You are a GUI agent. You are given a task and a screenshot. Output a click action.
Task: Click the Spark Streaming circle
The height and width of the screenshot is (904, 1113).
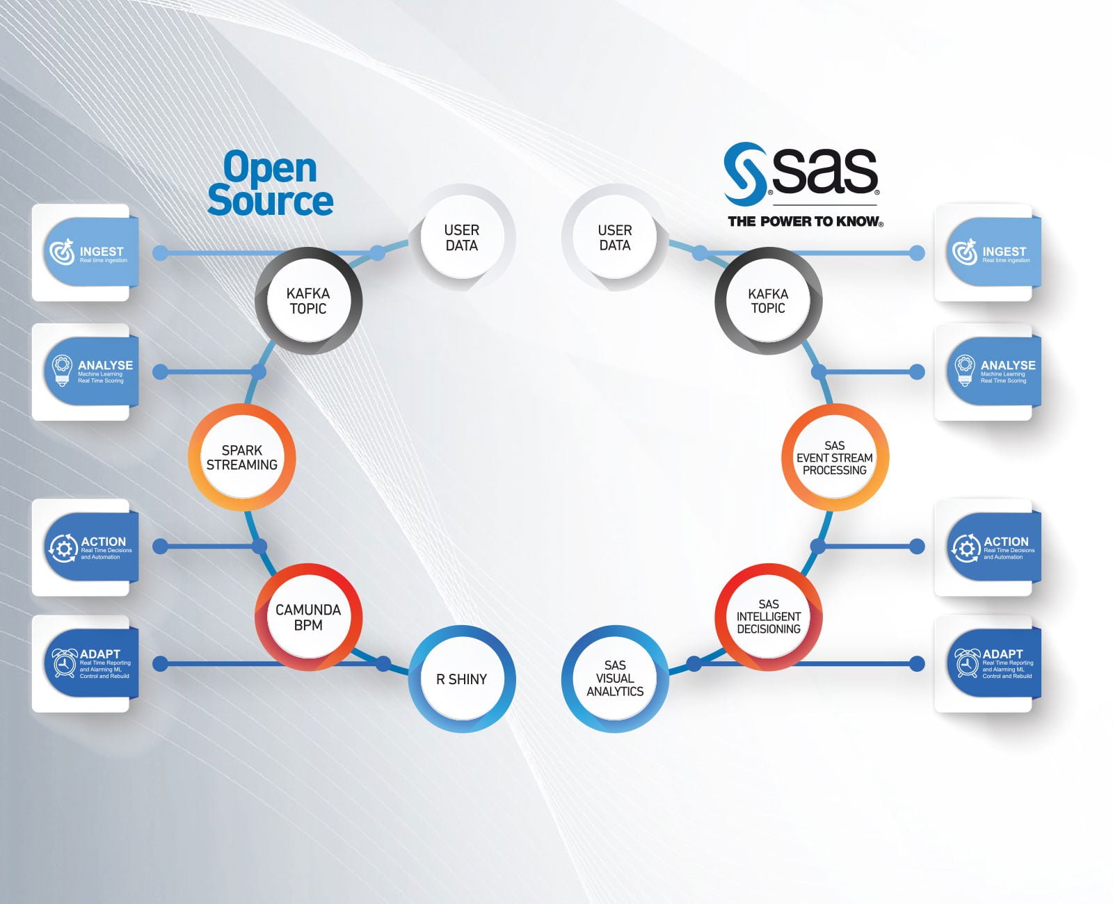[242, 458]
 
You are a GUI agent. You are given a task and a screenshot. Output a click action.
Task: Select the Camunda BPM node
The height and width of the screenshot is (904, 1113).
[308, 617]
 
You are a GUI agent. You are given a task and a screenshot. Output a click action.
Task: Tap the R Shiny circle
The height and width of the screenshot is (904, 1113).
[462, 679]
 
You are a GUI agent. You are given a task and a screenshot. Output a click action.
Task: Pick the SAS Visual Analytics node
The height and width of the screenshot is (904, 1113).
[615, 679]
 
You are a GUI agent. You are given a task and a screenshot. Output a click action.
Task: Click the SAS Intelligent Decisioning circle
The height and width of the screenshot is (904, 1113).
[769, 617]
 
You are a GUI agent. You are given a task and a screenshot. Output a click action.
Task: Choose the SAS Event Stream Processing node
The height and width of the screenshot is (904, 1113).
[835, 458]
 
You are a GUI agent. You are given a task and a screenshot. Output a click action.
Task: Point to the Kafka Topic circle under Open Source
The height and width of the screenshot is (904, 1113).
[308, 301]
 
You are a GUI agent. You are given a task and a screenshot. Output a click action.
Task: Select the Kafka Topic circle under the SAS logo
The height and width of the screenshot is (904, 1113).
[769, 301]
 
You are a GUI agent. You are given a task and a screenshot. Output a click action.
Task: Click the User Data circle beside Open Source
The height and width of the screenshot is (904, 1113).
[462, 238]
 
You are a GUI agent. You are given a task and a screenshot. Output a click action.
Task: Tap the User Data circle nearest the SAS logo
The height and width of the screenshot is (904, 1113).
[615, 238]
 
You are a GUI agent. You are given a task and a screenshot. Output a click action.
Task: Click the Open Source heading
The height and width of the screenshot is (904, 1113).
[271, 184]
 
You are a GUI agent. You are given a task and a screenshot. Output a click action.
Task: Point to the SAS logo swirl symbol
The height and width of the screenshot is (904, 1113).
[744, 172]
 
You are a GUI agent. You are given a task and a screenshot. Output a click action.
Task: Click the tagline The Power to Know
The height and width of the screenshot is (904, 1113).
[805, 222]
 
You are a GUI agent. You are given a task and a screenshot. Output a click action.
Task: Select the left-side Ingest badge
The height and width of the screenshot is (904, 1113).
[90, 252]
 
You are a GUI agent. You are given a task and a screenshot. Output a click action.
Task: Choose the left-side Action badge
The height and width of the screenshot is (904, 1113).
[90, 547]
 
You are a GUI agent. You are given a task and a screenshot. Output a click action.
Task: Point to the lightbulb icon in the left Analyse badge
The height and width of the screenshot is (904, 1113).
[63, 370]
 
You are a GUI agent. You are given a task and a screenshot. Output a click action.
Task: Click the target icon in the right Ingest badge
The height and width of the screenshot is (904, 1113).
[964, 252]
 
